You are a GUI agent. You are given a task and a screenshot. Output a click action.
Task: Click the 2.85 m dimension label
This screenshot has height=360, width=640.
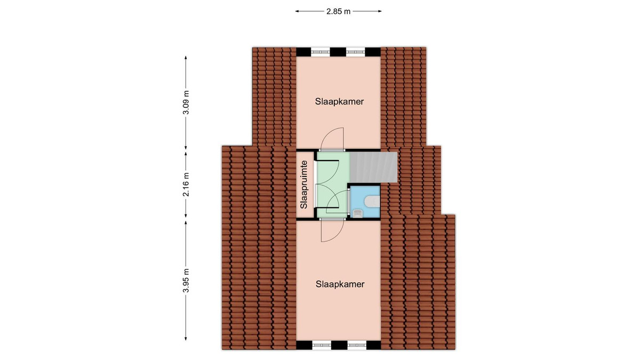tap(338, 11)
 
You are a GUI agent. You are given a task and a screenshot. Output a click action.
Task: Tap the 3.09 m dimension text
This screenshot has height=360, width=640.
tap(186, 102)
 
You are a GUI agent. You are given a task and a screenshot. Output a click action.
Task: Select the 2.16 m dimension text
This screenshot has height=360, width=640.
tap(186, 185)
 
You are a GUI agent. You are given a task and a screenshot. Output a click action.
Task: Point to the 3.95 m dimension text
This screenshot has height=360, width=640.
tap(186, 281)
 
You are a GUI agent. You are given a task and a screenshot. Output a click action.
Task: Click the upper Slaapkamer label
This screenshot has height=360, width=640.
tap(339, 101)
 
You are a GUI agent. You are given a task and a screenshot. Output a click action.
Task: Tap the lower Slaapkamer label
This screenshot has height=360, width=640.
tap(340, 284)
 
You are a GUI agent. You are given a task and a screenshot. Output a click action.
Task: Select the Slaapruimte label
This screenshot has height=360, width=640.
tap(303, 185)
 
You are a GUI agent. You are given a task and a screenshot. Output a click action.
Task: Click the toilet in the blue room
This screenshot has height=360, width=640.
tap(372, 201)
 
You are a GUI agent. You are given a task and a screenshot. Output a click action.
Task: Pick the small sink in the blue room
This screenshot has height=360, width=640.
tap(358, 213)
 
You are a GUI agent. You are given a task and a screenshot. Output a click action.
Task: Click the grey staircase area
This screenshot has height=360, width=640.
tap(373, 167)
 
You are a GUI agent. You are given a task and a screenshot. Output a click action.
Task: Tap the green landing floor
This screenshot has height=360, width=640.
tap(332, 185)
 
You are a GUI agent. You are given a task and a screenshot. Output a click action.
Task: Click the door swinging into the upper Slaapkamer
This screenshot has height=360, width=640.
tap(332, 139)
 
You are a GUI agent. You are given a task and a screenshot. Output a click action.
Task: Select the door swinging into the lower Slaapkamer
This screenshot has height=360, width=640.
tap(332, 230)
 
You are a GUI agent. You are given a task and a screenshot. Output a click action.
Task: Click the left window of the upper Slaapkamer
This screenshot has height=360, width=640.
tap(321, 52)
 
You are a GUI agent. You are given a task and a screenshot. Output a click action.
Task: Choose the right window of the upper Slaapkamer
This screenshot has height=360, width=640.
tap(356, 52)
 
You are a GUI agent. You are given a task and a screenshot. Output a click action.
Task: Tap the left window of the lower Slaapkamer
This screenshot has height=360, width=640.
tap(322, 345)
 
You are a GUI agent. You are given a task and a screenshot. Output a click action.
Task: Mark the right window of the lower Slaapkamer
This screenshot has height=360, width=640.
tap(357, 345)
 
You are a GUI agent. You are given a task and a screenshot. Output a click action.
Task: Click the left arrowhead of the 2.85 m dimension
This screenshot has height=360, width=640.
tap(297, 11)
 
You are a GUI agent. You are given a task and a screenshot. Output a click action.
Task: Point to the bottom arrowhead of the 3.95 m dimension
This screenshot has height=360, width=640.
tap(186, 339)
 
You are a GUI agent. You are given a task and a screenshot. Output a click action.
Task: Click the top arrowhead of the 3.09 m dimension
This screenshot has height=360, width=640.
tap(186, 58)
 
